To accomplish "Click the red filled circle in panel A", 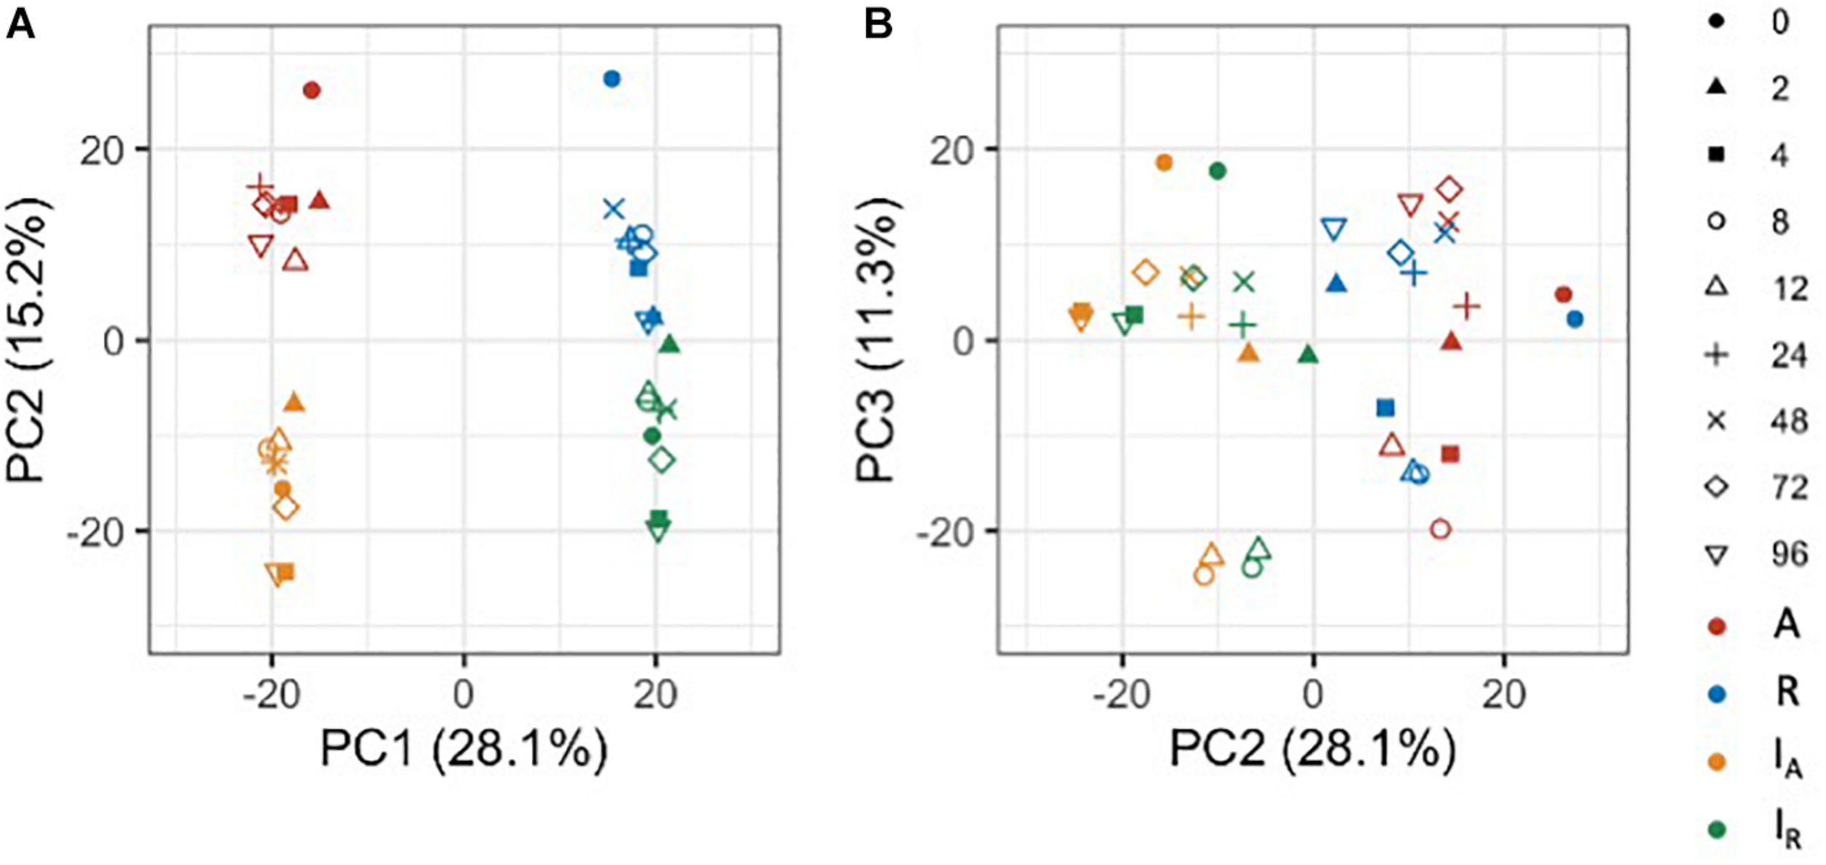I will pyautogui.click(x=312, y=91).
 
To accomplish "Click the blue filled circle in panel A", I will pyautogui.click(x=612, y=79).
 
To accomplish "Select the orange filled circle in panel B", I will pyautogui.click(x=1164, y=163).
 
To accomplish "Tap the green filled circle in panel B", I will pyautogui.click(x=1218, y=172).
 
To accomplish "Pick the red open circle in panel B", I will pyautogui.click(x=1440, y=529).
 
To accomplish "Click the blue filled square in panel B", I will pyautogui.click(x=1385, y=408).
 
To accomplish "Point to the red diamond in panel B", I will pyautogui.click(x=1450, y=190).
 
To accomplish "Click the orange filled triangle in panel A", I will pyautogui.click(x=294, y=403).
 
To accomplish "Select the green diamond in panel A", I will pyautogui.click(x=662, y=460).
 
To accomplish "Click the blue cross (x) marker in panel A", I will pyautogui.click(x=614, y=210).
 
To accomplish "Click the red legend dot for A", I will pyautogui.click(x=1719, y=626).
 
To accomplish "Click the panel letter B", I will pyautogui.click(x=878, y=25).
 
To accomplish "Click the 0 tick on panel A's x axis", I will pyautogui.click(x=464, y=694).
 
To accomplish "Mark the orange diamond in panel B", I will pyautogui.click(x=1147, y=273).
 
